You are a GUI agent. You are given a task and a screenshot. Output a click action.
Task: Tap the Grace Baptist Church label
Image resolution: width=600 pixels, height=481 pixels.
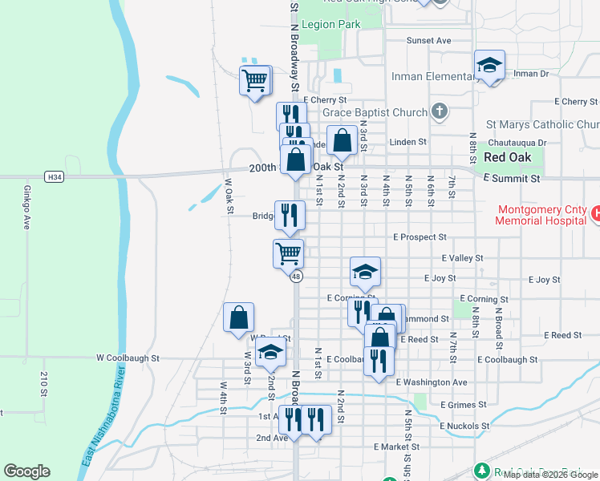[x=375, y=112]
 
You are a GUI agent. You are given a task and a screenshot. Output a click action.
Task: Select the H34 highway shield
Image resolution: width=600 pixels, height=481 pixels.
[x=54, y=176]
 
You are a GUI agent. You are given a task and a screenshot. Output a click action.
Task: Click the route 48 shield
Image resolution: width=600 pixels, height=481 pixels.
[x=296, y=277]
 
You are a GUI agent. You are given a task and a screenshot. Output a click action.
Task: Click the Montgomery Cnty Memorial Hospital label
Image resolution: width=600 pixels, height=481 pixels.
[x=542, y=214]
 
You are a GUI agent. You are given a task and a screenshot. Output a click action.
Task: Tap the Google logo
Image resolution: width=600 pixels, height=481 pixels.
[x=26, y=471]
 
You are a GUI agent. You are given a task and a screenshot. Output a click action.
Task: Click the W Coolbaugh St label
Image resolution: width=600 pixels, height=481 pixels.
[x=128, y=358]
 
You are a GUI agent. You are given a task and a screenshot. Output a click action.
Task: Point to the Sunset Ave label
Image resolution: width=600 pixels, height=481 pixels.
[x=428, y=40]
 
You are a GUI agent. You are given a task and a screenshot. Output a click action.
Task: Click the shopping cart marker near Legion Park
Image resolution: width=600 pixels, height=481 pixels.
[x=255, y=80]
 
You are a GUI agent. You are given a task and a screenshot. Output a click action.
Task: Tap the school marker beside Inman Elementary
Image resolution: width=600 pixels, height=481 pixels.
[x=489, y=66]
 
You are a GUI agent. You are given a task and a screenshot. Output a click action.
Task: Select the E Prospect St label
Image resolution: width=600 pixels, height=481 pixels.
[x=420, y=237]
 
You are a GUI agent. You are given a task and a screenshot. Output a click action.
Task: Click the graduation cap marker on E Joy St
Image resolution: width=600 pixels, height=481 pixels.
[x=365, y=272]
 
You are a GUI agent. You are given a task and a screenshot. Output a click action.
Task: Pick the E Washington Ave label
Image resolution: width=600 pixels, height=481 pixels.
[x=432, y=382]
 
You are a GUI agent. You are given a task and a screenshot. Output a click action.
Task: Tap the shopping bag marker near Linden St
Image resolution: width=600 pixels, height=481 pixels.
[x=342, y=140]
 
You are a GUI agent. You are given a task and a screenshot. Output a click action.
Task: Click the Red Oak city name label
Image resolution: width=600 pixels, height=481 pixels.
[x=510, y=156]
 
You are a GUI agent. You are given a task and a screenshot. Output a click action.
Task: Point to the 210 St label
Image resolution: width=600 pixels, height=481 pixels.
[x=44, y=385]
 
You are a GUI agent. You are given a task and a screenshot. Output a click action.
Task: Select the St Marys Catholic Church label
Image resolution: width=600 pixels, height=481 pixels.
[x=543, y=125]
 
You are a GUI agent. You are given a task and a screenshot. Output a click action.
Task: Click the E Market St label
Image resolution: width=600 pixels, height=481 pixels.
[x=396, y=447]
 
